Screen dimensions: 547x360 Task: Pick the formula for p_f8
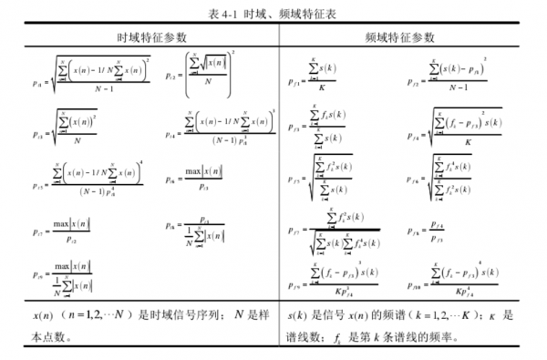tap(434, 228)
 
